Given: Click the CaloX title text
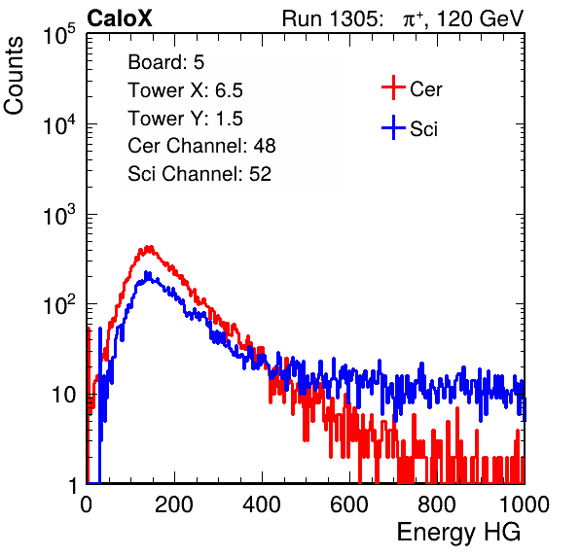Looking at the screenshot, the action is (120, 18).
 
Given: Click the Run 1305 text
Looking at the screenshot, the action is (332, 18).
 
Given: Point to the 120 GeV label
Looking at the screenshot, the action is (480, 18).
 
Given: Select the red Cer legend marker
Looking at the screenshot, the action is (393, 87).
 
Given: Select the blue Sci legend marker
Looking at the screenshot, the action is (393, 127).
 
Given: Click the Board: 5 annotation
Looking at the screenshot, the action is (166, 62).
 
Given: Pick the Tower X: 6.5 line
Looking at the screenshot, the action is (185, 90).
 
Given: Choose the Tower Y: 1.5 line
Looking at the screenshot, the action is (185, 119).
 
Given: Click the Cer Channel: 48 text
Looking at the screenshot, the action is (201, 146).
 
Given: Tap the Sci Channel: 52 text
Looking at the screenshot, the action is (199, 174).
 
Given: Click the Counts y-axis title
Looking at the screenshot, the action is (14, 76).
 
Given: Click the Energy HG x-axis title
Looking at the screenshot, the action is (458, 533).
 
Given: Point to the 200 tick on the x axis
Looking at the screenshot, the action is (174, 504).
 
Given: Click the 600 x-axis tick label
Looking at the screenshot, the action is (349, 504).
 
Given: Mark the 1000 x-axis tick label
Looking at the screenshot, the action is (525, 504).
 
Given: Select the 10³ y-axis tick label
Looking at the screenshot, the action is (59, 215).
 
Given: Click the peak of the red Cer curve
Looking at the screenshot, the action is (149, 247).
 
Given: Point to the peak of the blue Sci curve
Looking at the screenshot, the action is (147, 273).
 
